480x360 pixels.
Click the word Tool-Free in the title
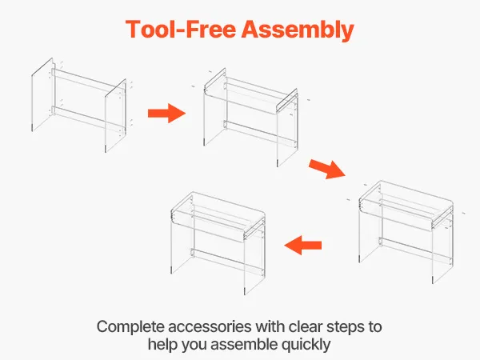181,29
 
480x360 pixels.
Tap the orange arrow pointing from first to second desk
167,114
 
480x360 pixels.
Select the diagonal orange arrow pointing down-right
327,169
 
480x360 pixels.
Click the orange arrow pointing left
303,246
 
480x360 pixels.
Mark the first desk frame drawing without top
82,105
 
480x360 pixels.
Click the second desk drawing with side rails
251,118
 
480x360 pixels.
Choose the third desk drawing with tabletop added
406,232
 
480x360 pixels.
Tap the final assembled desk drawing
218,243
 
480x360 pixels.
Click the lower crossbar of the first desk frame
89,118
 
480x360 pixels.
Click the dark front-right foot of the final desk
245,291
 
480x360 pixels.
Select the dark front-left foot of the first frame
32,128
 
